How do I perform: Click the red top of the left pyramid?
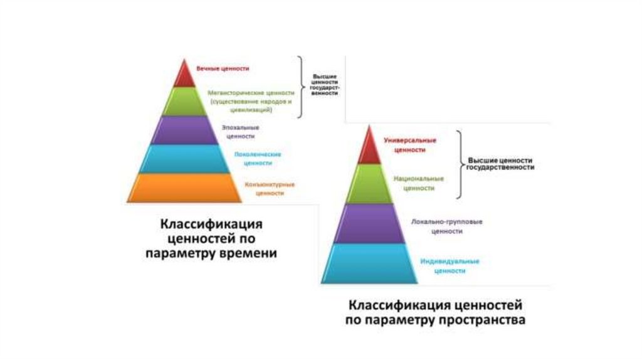point(184,76)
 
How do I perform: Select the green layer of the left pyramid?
point(184,102)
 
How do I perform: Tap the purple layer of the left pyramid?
point(184,130)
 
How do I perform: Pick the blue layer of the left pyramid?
point(184,158)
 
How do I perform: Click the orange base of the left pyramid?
point(184,187)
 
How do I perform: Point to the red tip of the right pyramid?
point(369,148)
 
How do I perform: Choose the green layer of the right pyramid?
point(369,183)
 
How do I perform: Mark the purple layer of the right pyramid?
point(369,223)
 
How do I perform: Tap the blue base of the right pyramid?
point(369,263)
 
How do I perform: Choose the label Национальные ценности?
point(419,183)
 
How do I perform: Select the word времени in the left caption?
point(246,253)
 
